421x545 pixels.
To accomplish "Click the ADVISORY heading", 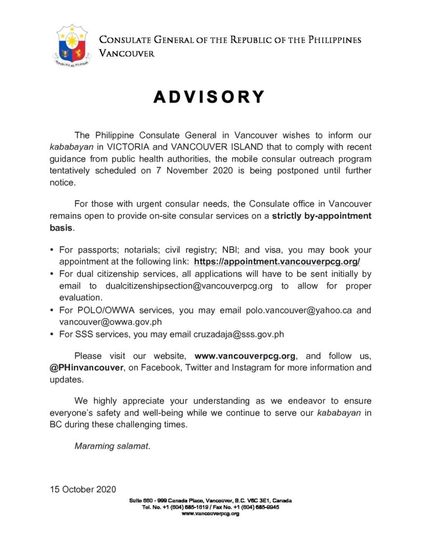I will [209, 97].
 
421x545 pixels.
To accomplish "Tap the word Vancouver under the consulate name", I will [127, 53].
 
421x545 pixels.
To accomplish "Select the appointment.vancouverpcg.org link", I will [277, 261].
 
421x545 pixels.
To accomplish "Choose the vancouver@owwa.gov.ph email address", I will [110, 322].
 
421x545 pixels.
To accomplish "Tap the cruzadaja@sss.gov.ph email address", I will [238, 334].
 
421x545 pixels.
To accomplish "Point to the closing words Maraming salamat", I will [112, 446].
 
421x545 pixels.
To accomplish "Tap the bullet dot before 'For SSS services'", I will [51, 334].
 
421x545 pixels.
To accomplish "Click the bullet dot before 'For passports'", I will [51, 250].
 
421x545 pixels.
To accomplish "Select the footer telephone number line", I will [210, 507].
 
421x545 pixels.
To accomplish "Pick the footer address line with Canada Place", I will [210, 501].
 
